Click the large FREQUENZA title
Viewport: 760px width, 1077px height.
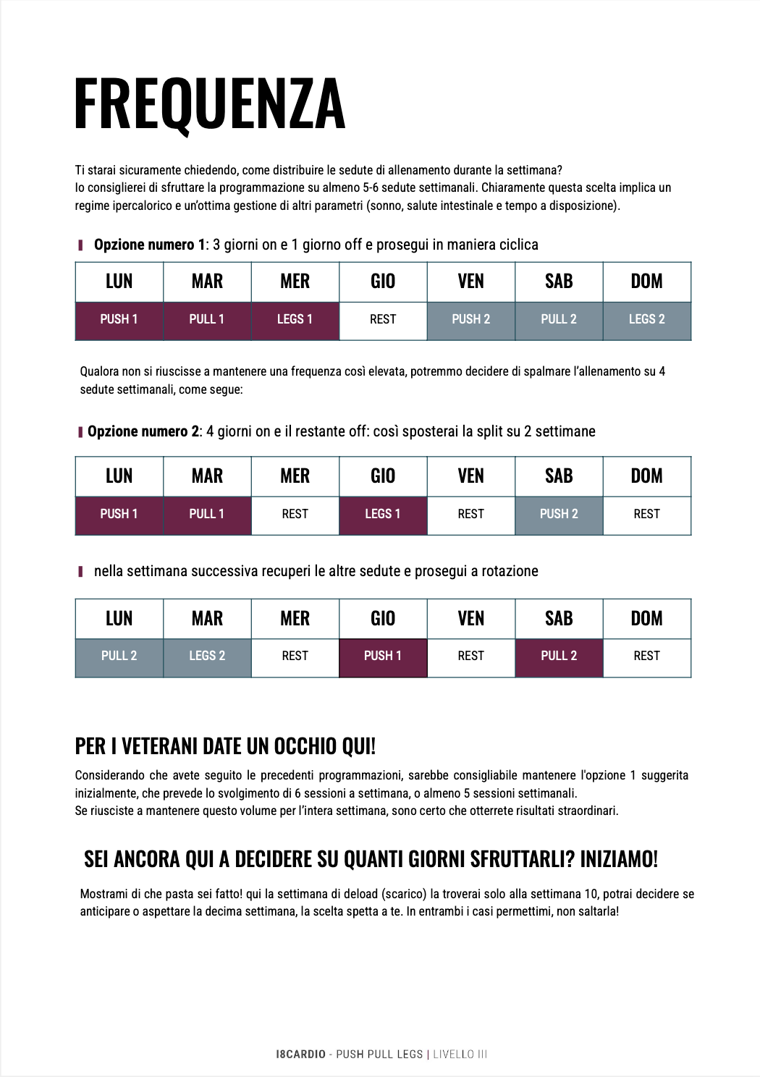(x=210, y=104)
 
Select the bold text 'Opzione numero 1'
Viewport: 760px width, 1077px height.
(x=149, y=245)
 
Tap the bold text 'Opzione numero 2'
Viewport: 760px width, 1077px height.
(x=143, y=431)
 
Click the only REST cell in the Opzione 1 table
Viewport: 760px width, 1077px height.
(x=383, y=319)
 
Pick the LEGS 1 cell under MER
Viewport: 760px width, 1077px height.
(x=295, y=319)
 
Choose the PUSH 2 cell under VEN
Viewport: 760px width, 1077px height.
(x=470, y=319)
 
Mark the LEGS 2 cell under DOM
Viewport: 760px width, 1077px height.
(x=646, y=319)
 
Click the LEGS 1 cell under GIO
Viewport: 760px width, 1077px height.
(x=383, y=514)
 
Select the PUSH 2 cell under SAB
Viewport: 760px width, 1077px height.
(x=559, y=514)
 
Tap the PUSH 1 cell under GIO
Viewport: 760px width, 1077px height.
(x=383, y=656)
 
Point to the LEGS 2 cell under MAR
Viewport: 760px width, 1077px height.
(x=207, y=656)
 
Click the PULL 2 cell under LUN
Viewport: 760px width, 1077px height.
(x=119, y=656)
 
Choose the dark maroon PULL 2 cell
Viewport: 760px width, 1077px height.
(x=559, y=656)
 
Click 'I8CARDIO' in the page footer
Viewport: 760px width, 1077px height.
(x=300, y=1055)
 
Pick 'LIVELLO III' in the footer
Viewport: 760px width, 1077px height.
(x=460, y=1055)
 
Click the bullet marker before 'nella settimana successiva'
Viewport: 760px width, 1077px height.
(x=80, y=572)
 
